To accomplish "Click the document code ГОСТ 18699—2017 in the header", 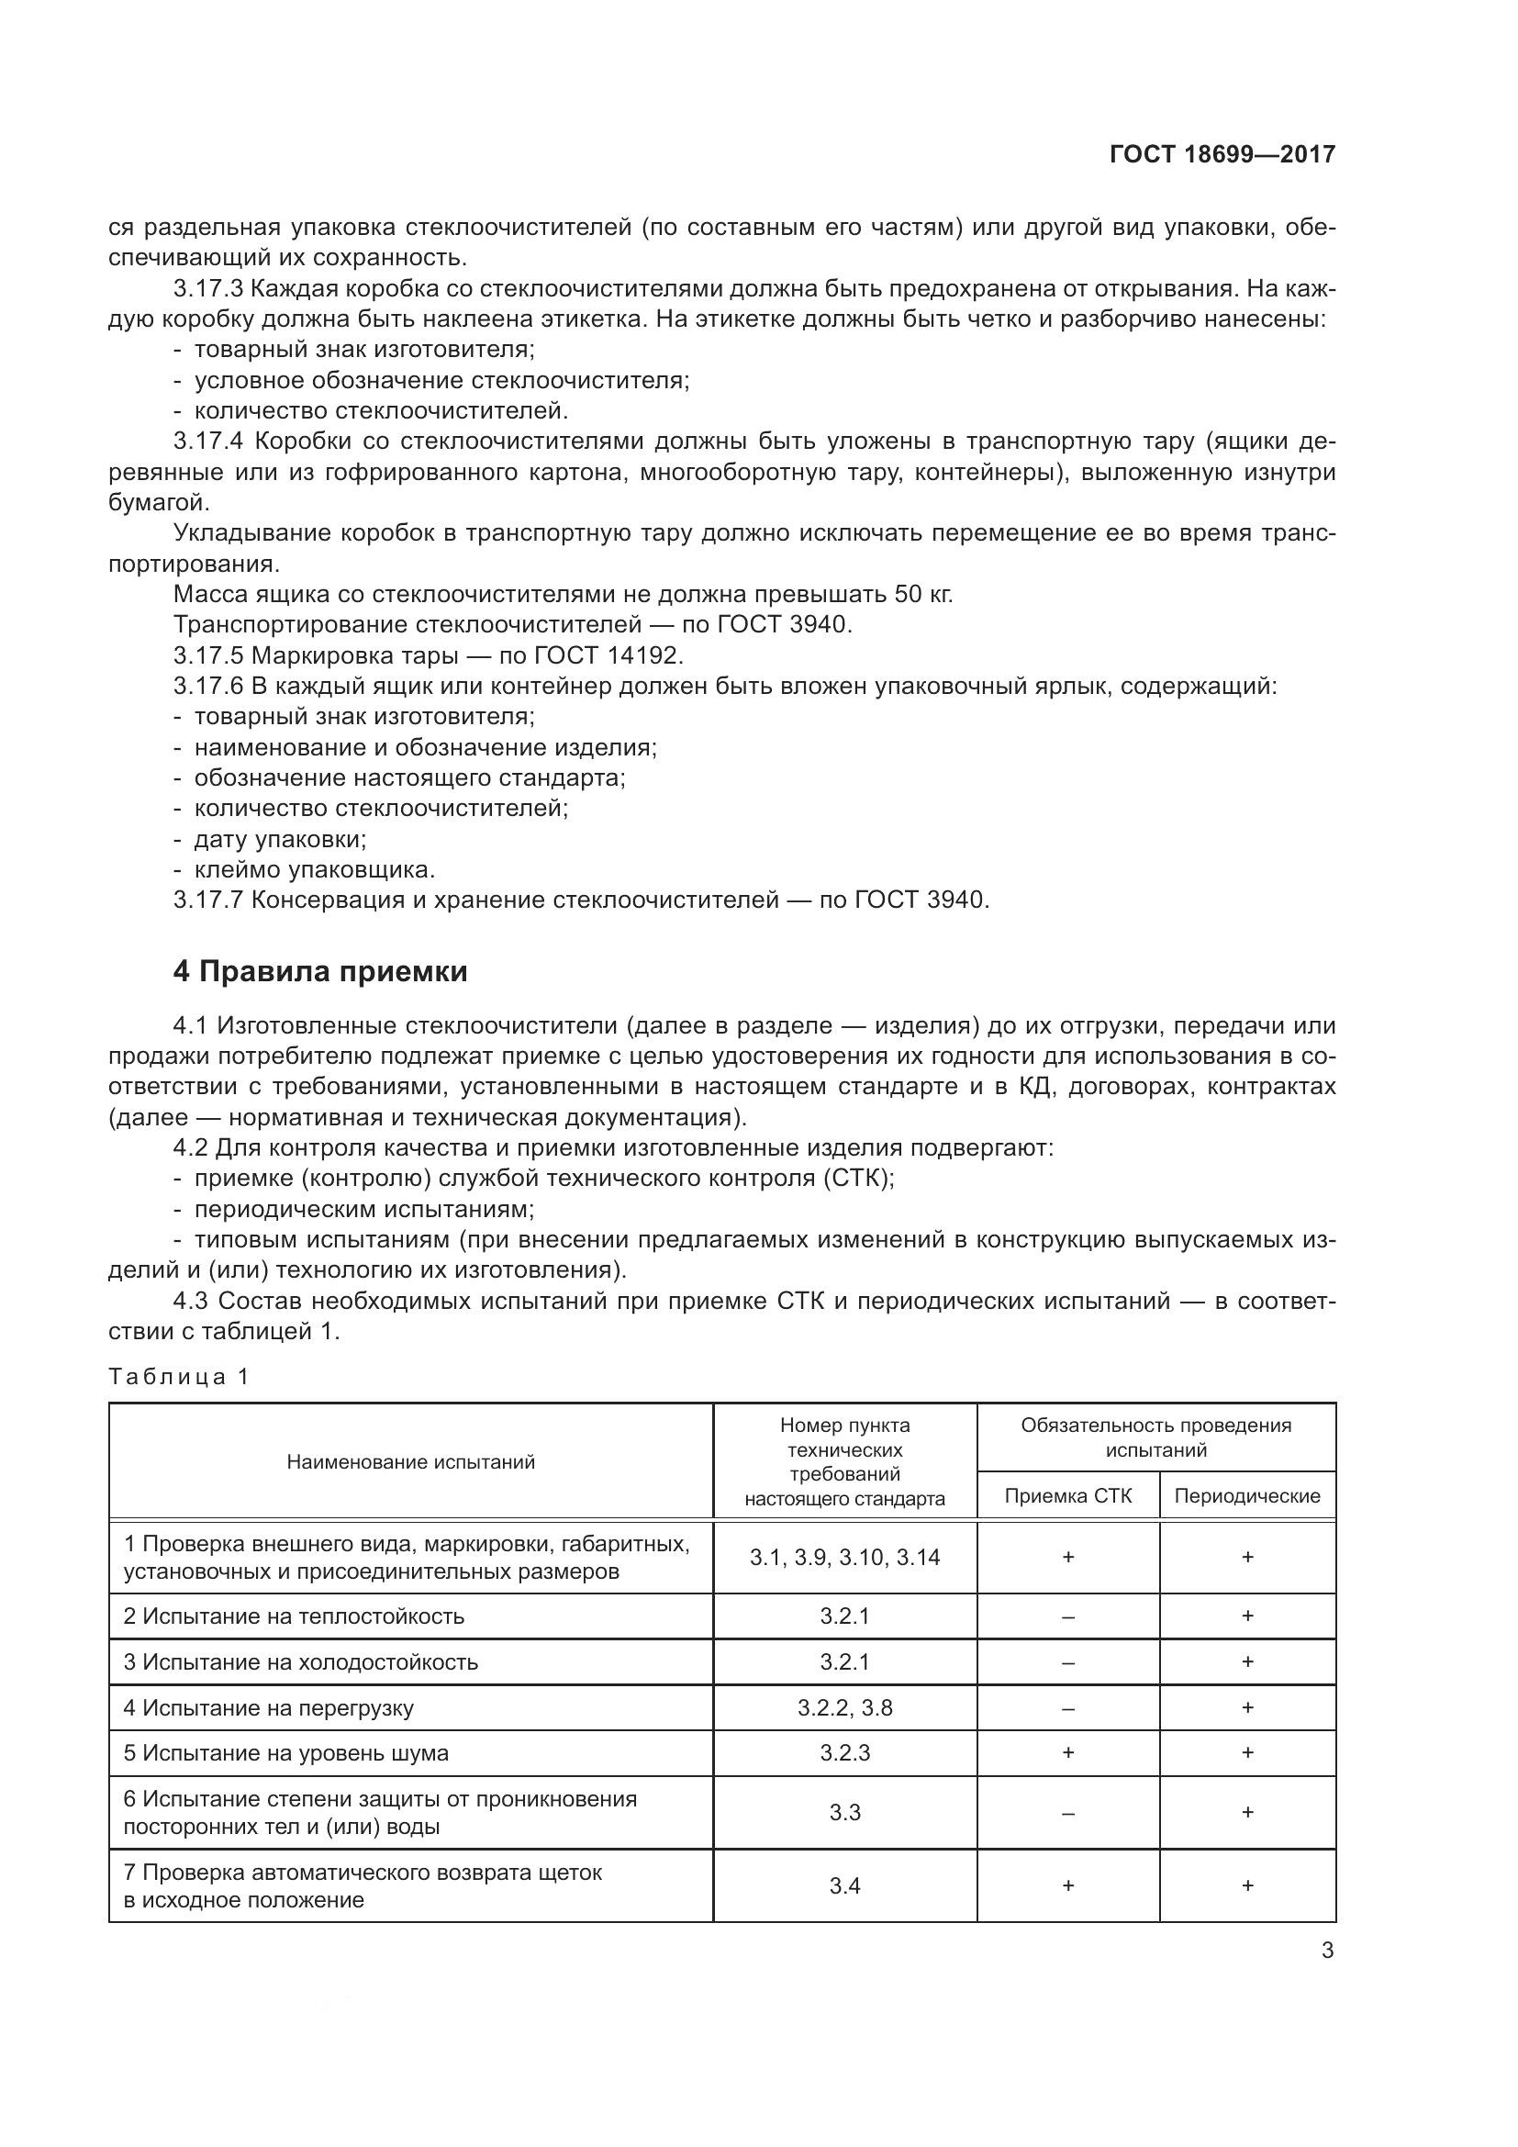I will pos(1222,154).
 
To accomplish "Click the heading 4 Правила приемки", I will pos(319,972).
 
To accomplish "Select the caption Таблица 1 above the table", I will pos(179,1377).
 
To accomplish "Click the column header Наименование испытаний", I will pos(410,1461).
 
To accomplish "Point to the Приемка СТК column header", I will pos(1067,1495).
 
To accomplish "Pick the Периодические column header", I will pos(1247,1495).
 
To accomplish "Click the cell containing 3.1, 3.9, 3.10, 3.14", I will pos(844,1557).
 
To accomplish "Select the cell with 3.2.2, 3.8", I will pos(844,1707).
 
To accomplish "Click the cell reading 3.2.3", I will pos(844,1752).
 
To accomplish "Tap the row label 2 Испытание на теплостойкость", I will pos(294,1616).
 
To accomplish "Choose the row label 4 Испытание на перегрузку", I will pos(268,1707).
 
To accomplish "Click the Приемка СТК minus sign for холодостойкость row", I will pos(1067,1662).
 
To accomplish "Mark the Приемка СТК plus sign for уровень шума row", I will pos(1067,1752).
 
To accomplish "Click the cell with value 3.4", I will pos(844,1885).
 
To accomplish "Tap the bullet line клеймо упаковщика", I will pos(314,869).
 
